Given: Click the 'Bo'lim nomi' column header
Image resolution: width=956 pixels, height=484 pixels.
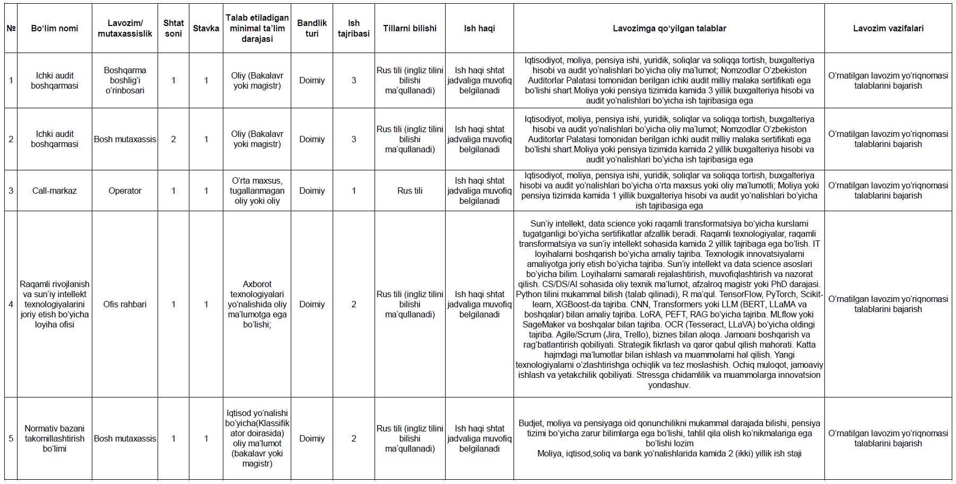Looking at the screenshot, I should pyautogui.click(x=54, y=28).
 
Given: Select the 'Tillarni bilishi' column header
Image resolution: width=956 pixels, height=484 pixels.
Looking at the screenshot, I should pyautogui.click(x=410, y=28).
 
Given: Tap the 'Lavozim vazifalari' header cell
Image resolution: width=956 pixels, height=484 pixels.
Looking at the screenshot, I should pyautogui.click(x=888, y=28).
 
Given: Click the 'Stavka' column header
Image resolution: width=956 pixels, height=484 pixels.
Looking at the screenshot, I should pyautogui.click(x=206, y=28).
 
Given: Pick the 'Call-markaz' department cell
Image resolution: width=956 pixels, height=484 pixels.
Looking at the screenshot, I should pyautogui.click(x=54, y=191).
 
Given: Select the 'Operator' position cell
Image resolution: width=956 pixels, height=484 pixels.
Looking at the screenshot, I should pyautogui.click(x=125, y=191).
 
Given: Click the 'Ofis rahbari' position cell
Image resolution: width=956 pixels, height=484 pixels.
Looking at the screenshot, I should pyautogui.click(x=125, y=304).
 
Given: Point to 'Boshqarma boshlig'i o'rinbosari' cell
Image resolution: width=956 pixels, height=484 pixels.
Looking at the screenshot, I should pyautogui.click(x=125, y=80).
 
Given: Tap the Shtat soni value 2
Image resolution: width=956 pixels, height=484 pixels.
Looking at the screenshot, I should pyautogui.click(x=173, y=139).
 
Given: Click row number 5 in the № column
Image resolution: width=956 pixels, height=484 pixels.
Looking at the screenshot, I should pyautogui.click(x=11, y=438).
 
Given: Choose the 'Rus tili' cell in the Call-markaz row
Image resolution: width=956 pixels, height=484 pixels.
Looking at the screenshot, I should pyautogui.click(x=410, y=191).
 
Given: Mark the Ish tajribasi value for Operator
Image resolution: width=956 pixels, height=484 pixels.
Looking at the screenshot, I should pyautogui.click(x=354, y=191).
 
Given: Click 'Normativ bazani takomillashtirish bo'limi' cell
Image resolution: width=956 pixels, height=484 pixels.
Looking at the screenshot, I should pyautogui.click(x=54, y=438).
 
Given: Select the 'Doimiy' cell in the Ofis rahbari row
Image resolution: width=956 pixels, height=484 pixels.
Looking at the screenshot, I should pyautogui.click(x=312, y=304).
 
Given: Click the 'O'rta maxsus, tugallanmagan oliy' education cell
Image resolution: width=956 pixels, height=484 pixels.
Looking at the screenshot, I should pyautogui.click(x=257, y=191).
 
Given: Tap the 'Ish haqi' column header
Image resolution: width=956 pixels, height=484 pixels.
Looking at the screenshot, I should pyautogui.click(x=479, y=28).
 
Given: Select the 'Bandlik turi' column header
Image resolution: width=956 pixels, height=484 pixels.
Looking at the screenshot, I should pyautogui.click(x=312, y=28).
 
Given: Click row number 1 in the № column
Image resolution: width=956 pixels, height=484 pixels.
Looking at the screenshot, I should pyautogui.click(x=11, y=80).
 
